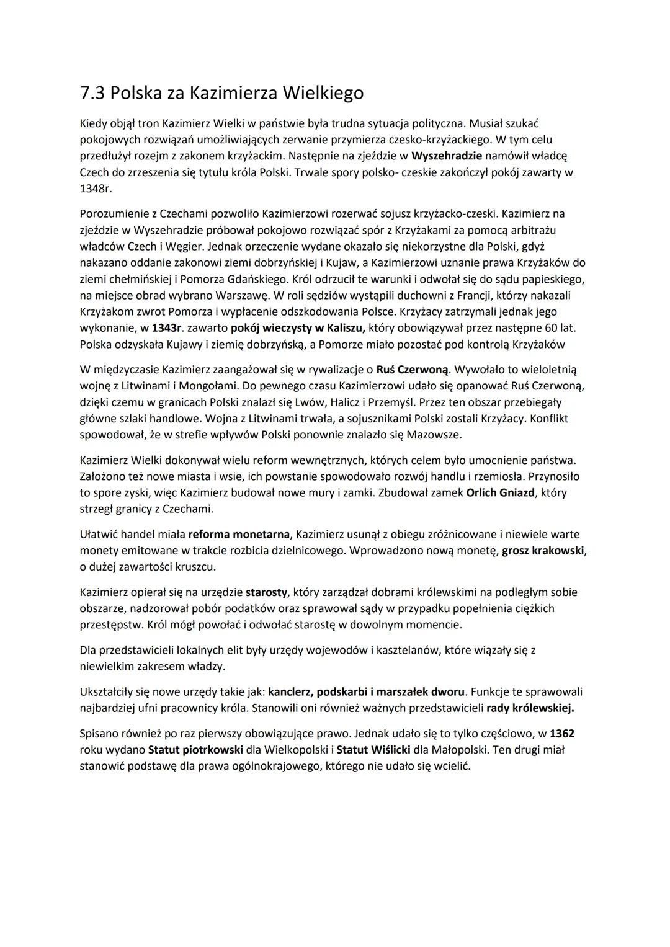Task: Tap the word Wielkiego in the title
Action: pyautogui.click(x=323, y=93)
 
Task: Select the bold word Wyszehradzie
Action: pyautogui.click(x=446, y=155)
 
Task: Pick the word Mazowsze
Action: pyautogui.click(x=434, y=434)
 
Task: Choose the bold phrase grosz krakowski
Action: pyautogui.click(x=543, y=550)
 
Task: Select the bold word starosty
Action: pyautogui.click(x=266, y=592)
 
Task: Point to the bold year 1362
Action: pyautogui.click(x=561, y=734)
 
